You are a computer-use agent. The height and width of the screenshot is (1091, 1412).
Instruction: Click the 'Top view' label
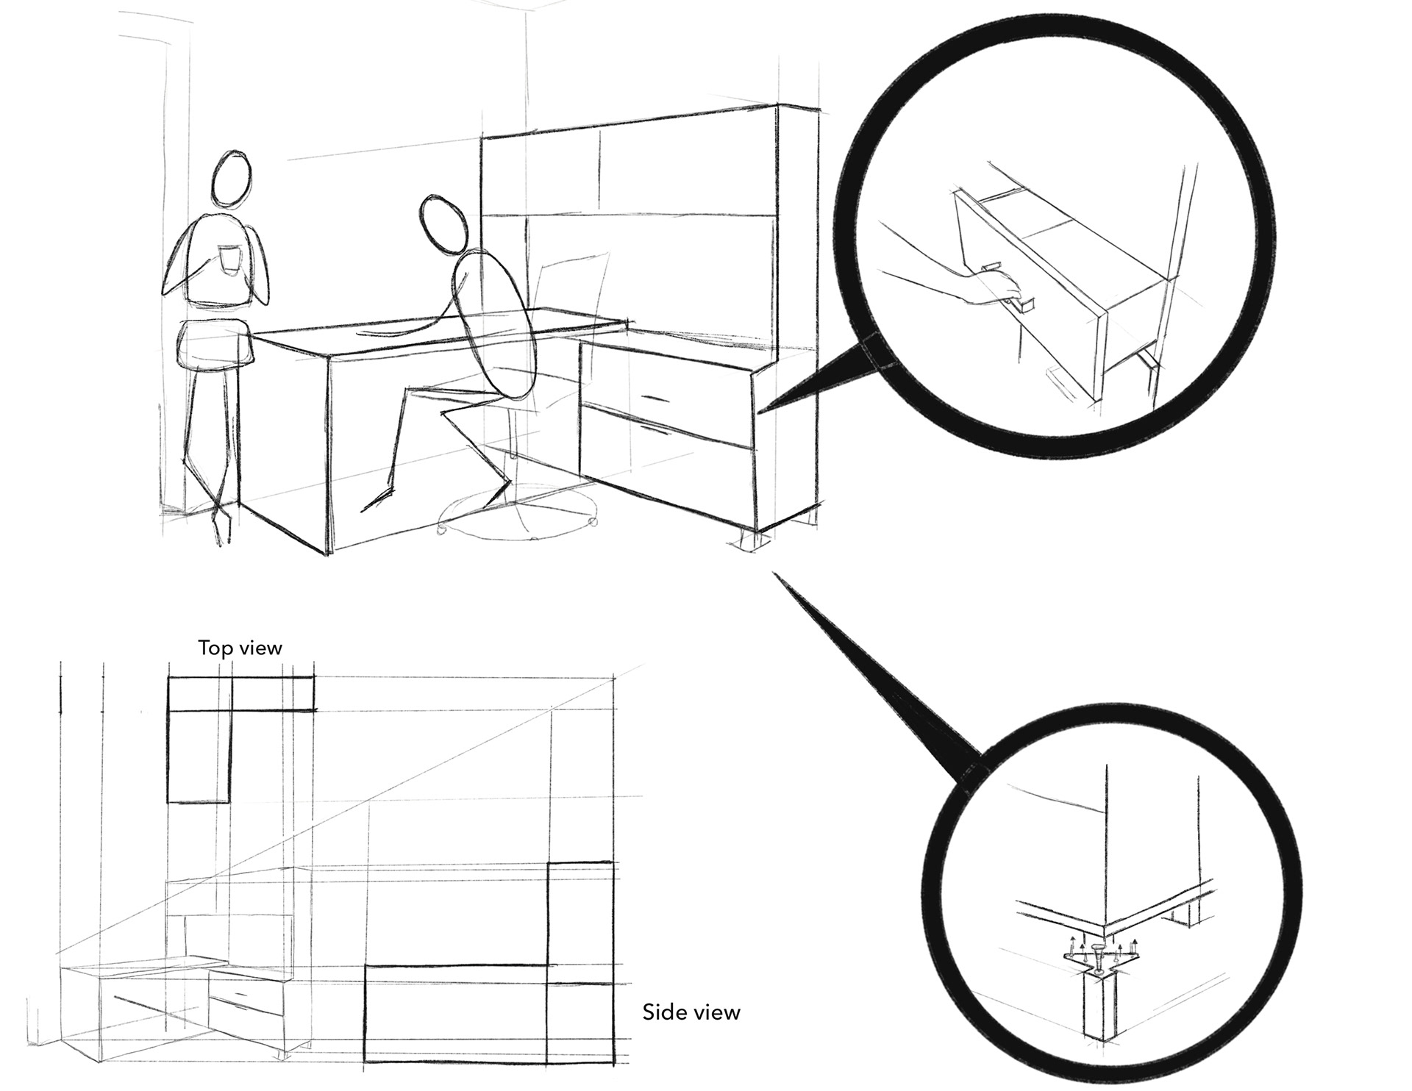click(x=240, y=648)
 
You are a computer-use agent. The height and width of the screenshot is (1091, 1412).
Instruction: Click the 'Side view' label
click(x=691, y=1012)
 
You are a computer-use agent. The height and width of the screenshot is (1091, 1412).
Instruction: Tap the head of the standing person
click(x=233, y=180)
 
